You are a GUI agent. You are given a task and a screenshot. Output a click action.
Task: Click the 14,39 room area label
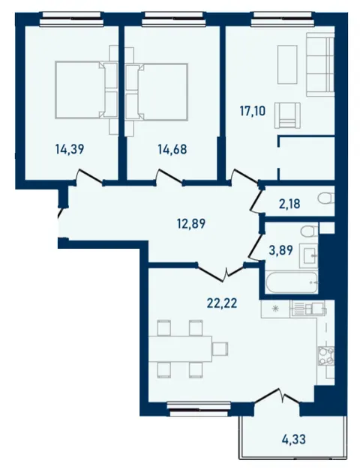point(70,149)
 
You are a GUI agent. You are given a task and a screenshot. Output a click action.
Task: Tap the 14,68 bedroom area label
point(172,149)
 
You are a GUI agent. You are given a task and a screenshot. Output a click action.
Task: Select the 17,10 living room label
point(253,111)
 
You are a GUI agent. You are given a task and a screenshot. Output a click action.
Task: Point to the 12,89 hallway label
point(191,224)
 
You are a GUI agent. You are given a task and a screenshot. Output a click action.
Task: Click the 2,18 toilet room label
point(289,204)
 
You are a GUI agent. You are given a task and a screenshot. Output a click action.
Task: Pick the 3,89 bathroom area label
point(280,250)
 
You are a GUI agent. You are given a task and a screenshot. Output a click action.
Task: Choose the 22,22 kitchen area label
point(222,303)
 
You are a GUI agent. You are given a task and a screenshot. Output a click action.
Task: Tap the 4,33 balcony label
point(294,439)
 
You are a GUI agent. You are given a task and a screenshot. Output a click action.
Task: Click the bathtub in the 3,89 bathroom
point(292,282)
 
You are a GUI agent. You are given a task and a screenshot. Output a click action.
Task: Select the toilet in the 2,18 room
point(325,199)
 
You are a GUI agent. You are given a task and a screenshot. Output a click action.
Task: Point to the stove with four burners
point(325,356)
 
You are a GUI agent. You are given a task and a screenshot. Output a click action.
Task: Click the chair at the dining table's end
point(220,349)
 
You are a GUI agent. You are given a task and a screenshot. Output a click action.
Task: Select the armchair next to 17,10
point(287,115)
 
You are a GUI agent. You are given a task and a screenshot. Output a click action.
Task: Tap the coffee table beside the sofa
point(287,64)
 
